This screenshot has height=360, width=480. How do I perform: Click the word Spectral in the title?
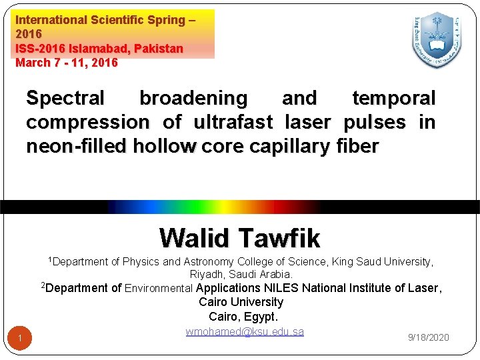(65, 99)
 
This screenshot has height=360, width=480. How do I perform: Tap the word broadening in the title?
(193, 99)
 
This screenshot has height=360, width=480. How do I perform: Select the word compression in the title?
(88, 123)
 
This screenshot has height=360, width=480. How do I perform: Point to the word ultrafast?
(233, 123)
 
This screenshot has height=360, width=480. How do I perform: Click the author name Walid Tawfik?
(240, 237)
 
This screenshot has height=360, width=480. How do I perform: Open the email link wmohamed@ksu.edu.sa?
(245, 331)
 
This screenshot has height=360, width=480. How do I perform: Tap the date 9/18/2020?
(428, 337)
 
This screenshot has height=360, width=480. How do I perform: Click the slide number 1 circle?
(20, 339)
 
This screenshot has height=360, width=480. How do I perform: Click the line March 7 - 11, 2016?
(67, 63)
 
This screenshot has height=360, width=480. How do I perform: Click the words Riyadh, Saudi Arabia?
(241, 274)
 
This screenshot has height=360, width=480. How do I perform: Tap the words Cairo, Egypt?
(243, 317)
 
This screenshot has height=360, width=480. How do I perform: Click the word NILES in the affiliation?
(283, 288)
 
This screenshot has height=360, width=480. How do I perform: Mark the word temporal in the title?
(393, 99)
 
